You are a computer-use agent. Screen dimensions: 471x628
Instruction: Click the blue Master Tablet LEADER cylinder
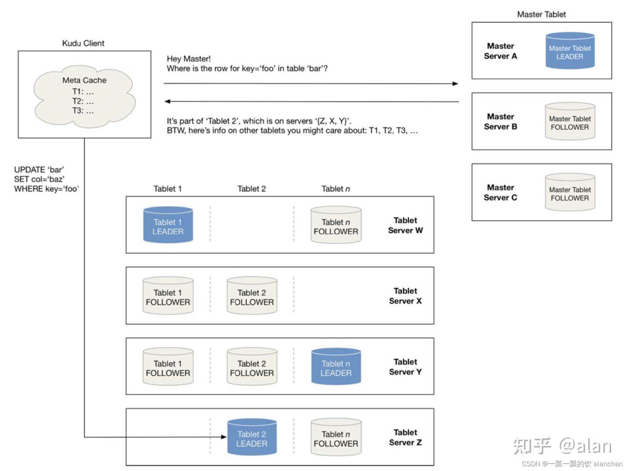point(570,51)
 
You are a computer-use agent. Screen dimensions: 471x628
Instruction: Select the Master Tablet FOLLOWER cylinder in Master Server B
point(570,122)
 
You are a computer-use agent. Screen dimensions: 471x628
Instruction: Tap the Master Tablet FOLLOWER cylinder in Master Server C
point(570,193)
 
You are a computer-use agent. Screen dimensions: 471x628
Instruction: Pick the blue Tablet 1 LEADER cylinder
point(168,225)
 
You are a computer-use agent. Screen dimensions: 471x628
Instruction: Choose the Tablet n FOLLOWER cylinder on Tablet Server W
point(336,225)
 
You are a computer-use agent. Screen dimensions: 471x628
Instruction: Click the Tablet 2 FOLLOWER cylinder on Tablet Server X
point(252,296)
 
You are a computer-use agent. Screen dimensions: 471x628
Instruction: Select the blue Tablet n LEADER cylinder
point(336,367)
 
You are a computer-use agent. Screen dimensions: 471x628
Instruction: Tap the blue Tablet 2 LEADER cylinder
point(252,437)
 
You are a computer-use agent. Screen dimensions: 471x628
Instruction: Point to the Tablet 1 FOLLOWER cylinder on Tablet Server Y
point(168,367)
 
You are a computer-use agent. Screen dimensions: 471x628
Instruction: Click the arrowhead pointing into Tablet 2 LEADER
point(224,437)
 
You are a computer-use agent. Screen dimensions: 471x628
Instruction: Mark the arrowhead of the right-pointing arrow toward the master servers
point(455,83)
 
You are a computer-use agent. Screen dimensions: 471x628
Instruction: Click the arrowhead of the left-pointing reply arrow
point(167,102)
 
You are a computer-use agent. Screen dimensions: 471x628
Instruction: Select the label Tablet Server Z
point(405,437)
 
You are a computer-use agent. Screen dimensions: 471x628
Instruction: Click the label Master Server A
point(500,51)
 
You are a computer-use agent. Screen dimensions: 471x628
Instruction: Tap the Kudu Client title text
point(83,43)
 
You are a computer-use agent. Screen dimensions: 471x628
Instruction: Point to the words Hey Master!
point(188,59)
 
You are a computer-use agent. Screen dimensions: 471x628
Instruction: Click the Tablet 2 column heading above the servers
point(252,189)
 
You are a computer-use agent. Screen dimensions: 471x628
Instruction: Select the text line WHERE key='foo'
point(46,189)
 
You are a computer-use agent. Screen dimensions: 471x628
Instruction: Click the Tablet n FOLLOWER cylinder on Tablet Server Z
point(336,437)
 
